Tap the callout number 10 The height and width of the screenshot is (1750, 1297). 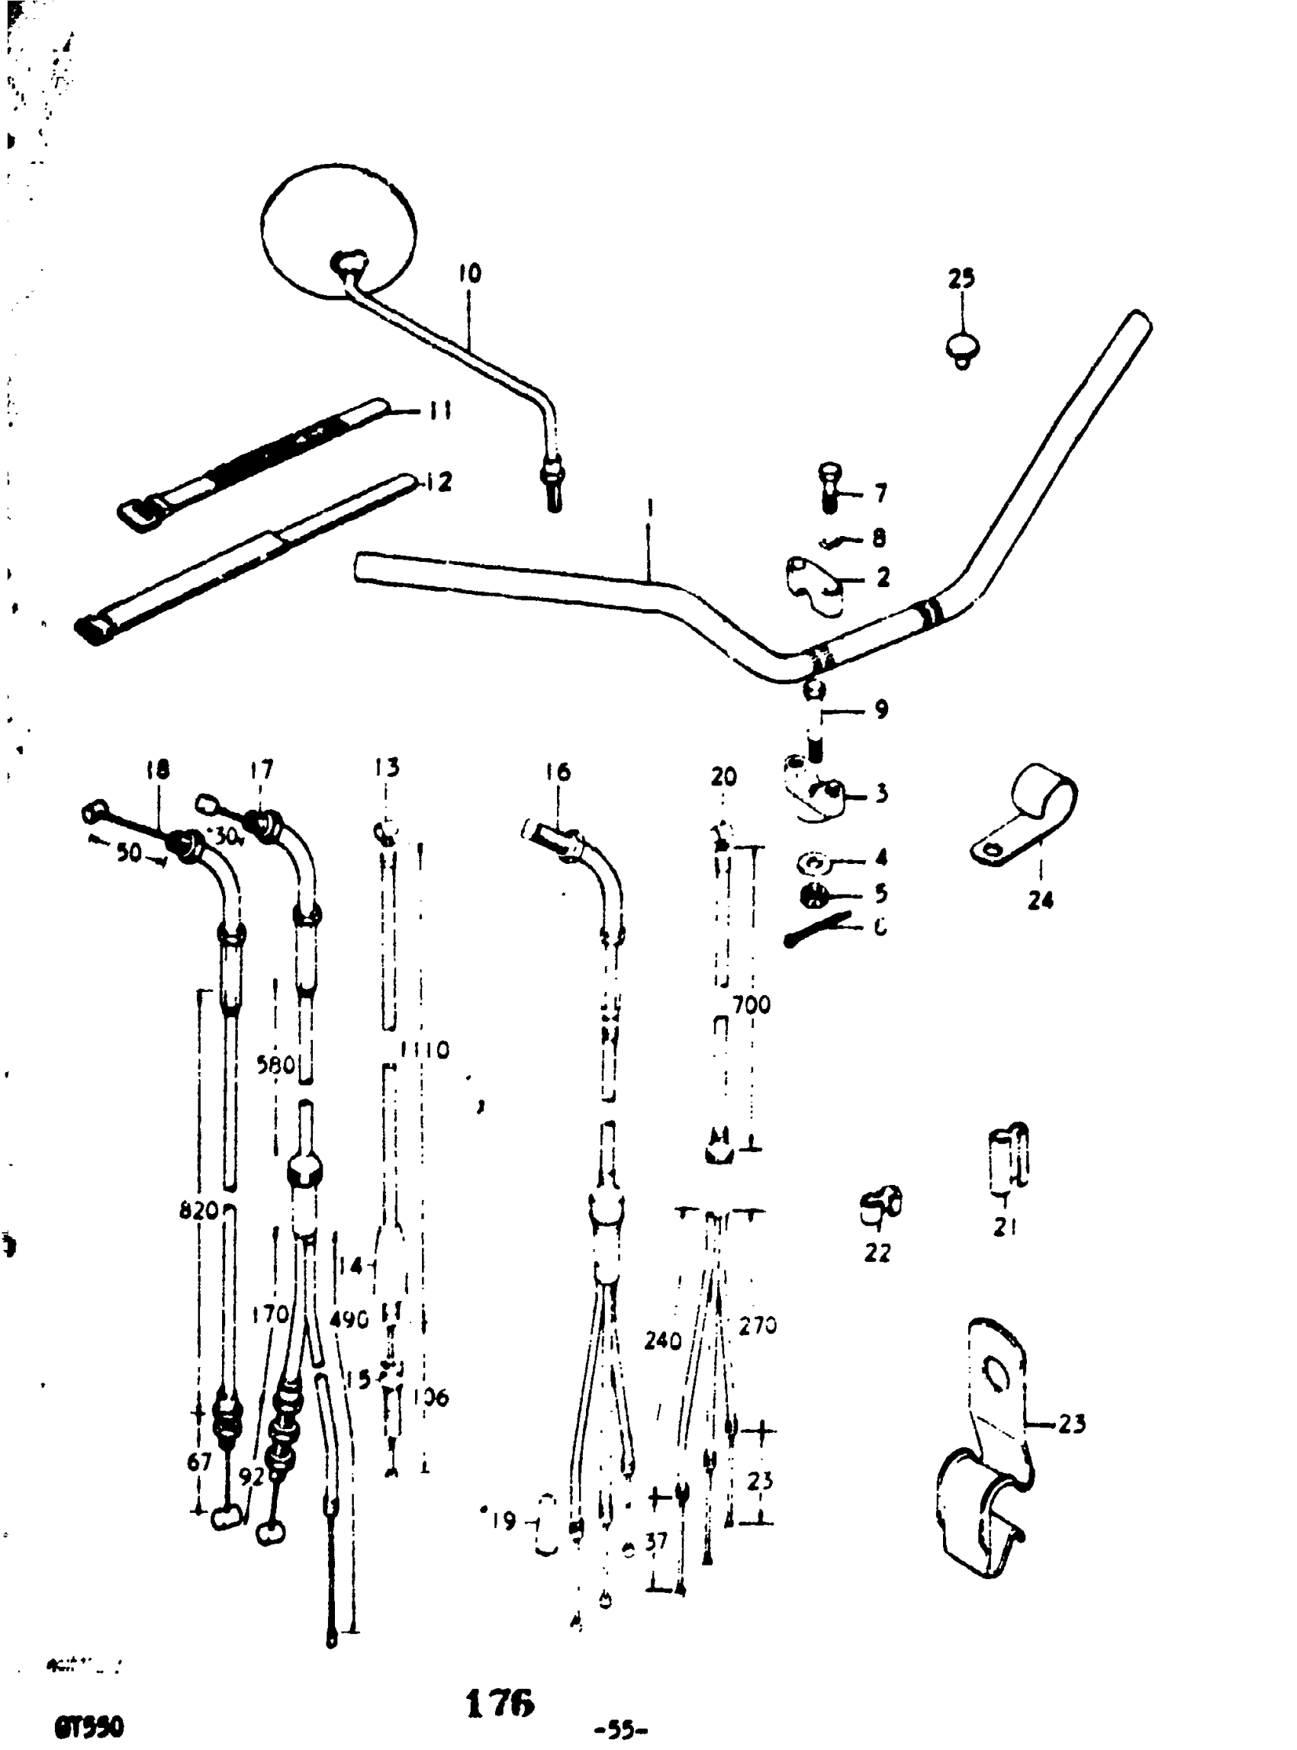pyautogui.click(x=469, y=274)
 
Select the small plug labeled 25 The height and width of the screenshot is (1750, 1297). pyautogui.click(x=962, y=348)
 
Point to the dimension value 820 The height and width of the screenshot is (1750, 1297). pyautogui.click(x=198, y=1211)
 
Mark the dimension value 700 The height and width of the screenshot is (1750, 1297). pyautogui.click(x=751, y=1004)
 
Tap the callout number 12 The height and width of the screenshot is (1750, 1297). pyautogui.click(x=439, y=482)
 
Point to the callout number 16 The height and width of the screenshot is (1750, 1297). pyautogui.click(x=558, y=772)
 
